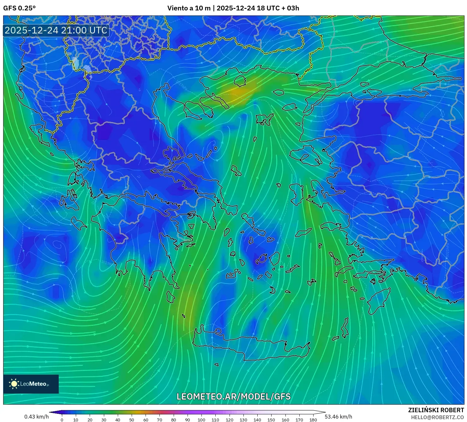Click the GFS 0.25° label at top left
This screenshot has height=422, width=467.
coord(19,8)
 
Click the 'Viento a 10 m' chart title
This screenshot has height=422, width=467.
coord(189,8)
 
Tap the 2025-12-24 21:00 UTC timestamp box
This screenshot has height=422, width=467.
coord(56,30)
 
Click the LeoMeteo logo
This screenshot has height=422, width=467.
coord(31,384)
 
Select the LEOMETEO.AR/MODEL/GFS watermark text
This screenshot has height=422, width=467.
coord(233,396)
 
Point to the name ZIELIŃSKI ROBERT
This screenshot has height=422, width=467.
coord(436,410)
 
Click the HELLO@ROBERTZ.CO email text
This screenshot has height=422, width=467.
coord(437,417)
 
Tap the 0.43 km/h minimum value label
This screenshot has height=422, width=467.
coord(37,417)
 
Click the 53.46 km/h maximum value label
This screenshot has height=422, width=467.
coord(338,417)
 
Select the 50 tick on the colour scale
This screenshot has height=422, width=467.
coord(132,420)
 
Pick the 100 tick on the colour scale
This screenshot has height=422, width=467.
coord(201,420)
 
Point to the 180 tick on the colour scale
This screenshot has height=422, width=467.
coord(313,420)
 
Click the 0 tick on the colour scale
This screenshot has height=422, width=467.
coord(62,420)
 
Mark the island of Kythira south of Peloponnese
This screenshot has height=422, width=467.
coord(171,297)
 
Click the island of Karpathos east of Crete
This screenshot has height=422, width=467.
coord(345,328)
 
